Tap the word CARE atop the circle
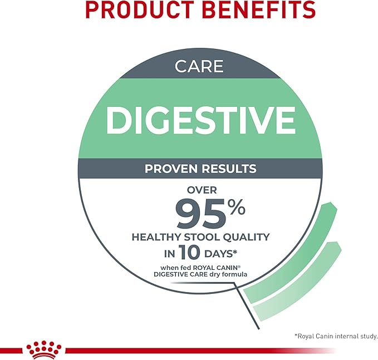(x=199, y=67)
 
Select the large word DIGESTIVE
(x=200, y=118)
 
